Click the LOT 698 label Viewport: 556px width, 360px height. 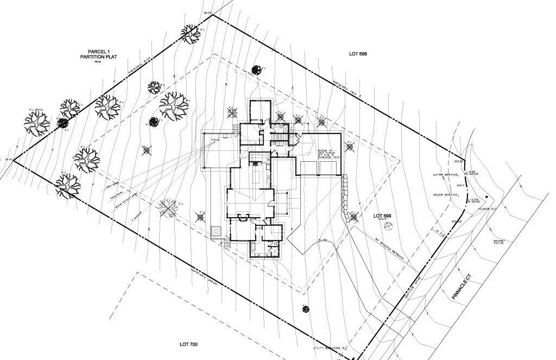pos(358,54)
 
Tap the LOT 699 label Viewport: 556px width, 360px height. pos(383,216)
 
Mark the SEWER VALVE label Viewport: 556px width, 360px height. pos(499,241)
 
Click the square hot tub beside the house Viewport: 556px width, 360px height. pos(216,230)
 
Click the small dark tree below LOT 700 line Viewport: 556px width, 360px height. pos(305,309)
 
